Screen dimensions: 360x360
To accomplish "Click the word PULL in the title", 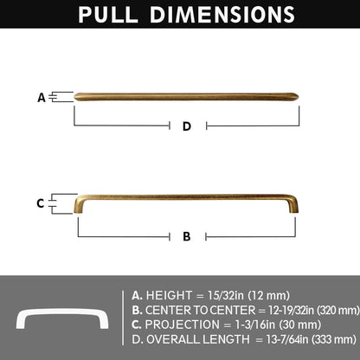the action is [108, 14].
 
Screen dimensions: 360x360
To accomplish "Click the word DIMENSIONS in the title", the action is [222, 14].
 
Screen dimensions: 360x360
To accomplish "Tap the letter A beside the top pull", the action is [42, 98].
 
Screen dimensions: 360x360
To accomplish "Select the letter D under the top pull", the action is [187, 126].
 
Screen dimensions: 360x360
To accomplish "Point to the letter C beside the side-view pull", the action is [41, 203].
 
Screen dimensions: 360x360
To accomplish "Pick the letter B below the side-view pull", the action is [187, 236].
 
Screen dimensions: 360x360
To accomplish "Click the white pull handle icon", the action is [62, 318].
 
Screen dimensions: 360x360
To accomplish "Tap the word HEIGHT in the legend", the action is [169, 295].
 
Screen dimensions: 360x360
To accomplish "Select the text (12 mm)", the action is [269, 295].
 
